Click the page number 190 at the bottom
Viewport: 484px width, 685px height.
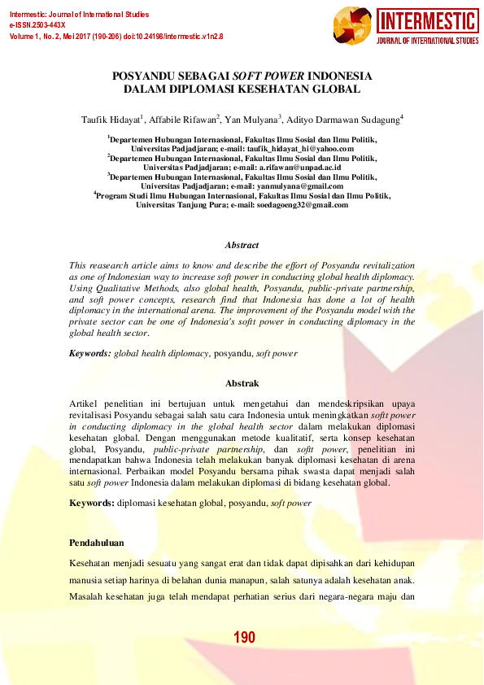click(x=244, y=637)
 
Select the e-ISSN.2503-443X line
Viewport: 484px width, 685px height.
click(x=37, y=26)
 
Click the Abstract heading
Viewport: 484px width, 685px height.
click(x=242, y=245)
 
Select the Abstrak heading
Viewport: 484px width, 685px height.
click(x=242, y=383)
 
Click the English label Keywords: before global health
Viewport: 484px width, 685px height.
click(x=89, y=354)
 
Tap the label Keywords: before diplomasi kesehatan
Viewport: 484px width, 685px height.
click(x=91, y=504)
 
